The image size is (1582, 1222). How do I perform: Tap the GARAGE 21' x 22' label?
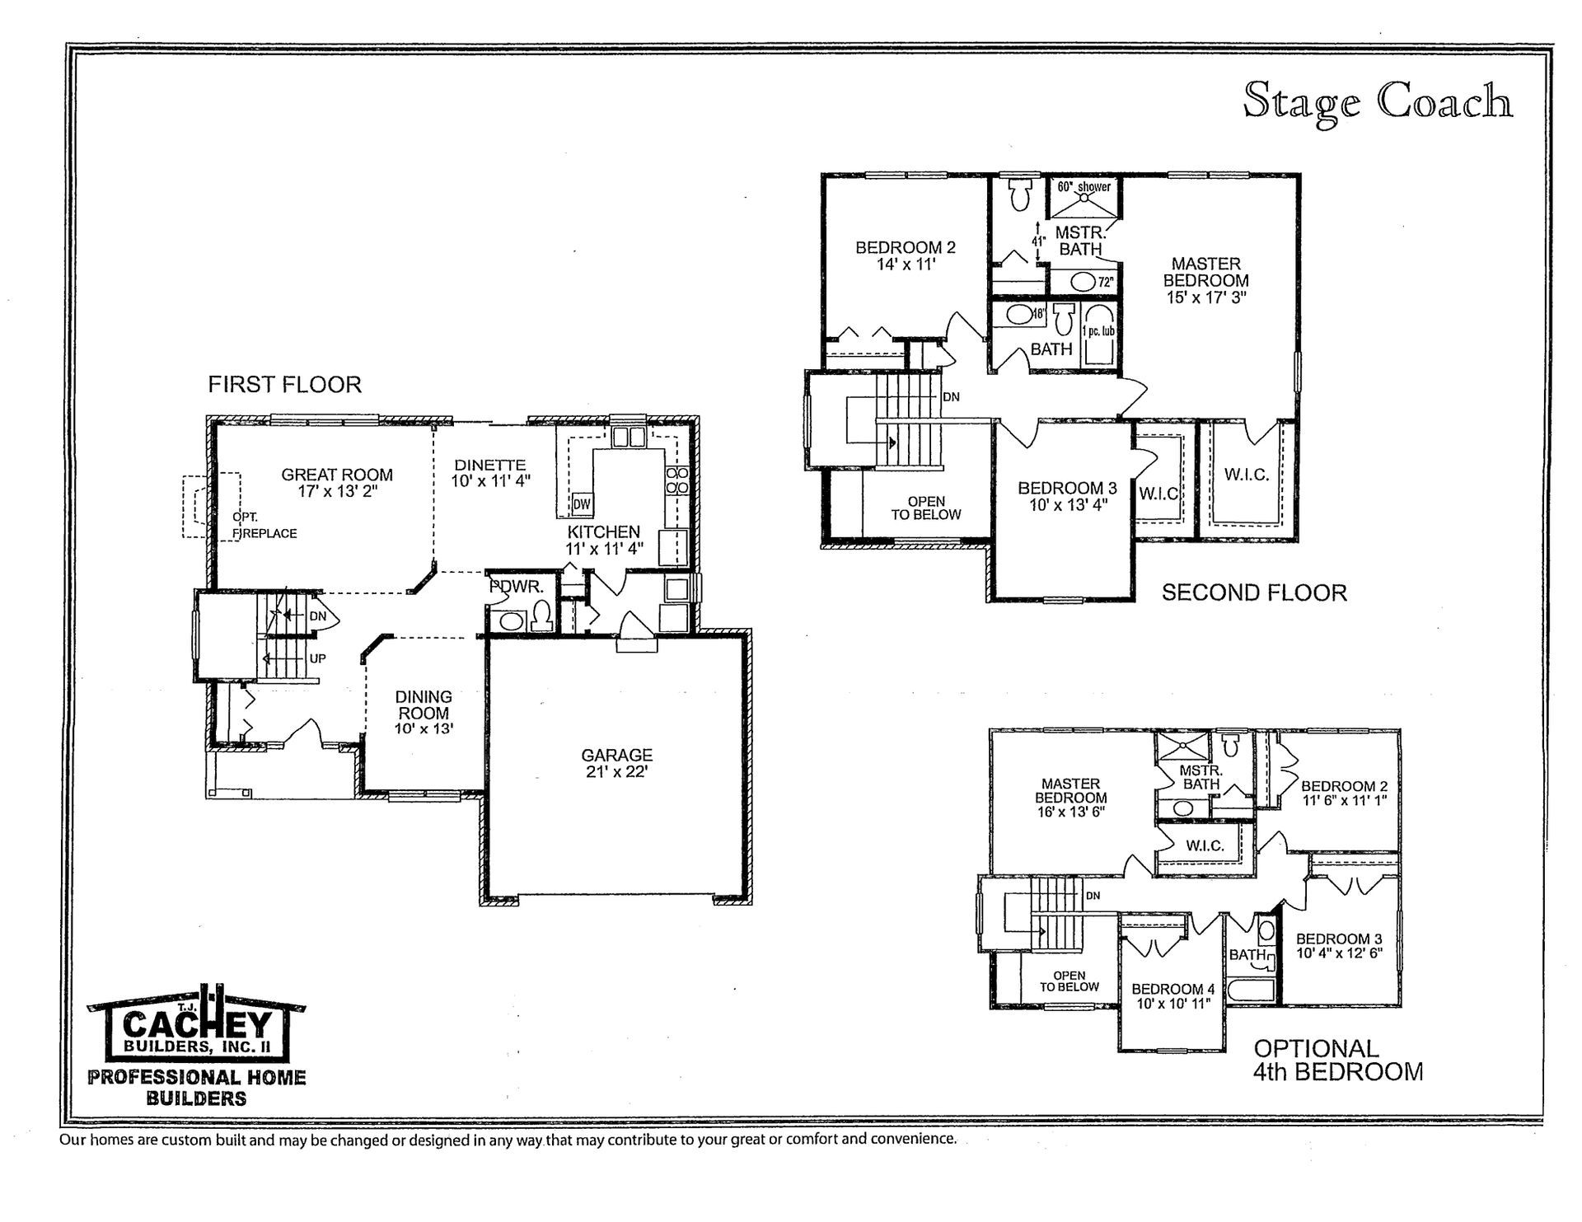tap(616, 763)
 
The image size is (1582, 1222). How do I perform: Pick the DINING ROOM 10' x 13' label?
tap(424, 713)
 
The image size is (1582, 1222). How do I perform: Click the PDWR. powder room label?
tap(517, 588)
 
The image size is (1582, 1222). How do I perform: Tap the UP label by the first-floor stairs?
tap(317, 658)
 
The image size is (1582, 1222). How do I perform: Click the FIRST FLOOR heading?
tap(284, 385)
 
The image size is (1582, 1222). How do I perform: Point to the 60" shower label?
tap(1084, 187)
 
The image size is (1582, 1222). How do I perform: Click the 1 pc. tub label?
tap(1098, 331)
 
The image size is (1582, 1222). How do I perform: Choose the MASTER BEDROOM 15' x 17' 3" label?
tap(1205, 280)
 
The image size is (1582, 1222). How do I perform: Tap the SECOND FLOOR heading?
tap(1254, 592)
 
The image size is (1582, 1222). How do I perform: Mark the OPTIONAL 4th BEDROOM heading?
tap(1337, 1060)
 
